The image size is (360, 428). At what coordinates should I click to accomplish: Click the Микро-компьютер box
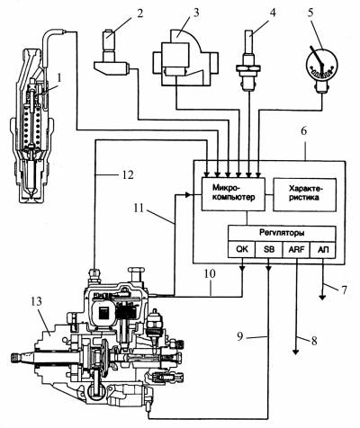click(x=233, y=194)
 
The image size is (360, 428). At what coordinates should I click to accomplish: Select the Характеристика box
click(x=304, y=194)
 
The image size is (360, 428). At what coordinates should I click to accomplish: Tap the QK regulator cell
click(x=242, y=249)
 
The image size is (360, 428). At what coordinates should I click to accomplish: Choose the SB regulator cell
click(x=269, y=249)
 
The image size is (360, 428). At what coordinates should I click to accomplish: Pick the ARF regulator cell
click(x=296, y=249)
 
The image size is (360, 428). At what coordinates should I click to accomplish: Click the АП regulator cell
click(x=322, y=249)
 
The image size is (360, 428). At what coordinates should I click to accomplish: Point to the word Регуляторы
click(x=282, y=233)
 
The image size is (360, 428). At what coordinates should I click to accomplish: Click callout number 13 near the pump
click(x=36, y=301)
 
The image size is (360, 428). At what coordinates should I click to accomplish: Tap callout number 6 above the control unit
click(x=304, y=132)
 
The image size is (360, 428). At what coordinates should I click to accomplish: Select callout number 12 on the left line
click(x=128, y=174)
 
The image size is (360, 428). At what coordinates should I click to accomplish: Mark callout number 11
click(x=139, y=208)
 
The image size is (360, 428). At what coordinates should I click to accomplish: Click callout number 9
click(x=240, y=337)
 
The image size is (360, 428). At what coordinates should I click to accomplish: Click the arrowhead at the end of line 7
click(x=322, y=298)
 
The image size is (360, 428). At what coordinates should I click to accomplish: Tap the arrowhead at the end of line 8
click(x=296, y=352)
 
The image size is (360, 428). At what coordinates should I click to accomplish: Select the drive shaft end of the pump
click(x=15, y=357)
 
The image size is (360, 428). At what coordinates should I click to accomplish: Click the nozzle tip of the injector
click(x=31, y=195)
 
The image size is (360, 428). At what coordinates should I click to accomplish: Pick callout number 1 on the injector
click(x=59, y=78)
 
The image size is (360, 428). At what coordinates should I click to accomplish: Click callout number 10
click(x=211, y=273)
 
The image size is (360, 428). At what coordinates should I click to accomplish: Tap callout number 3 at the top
click(x=195, y=13)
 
